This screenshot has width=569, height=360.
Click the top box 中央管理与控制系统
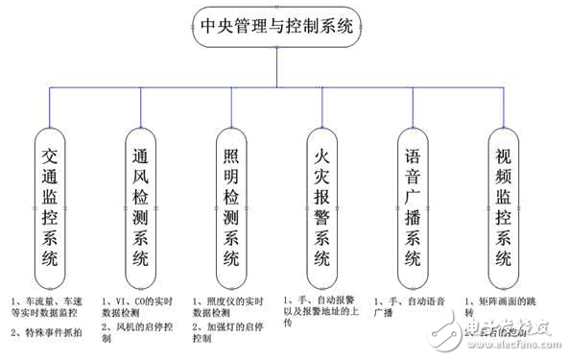(277, 25)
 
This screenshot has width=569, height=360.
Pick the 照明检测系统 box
(231, 205)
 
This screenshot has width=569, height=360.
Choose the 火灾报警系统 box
(323, 205)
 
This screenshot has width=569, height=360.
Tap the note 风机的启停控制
(141, 326)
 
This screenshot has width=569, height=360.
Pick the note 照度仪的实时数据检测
(230, 307)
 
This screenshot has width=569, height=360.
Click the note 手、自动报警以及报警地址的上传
(323, 312)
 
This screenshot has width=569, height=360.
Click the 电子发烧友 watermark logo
(513, 332)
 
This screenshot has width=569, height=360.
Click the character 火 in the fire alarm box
(323, 154)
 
